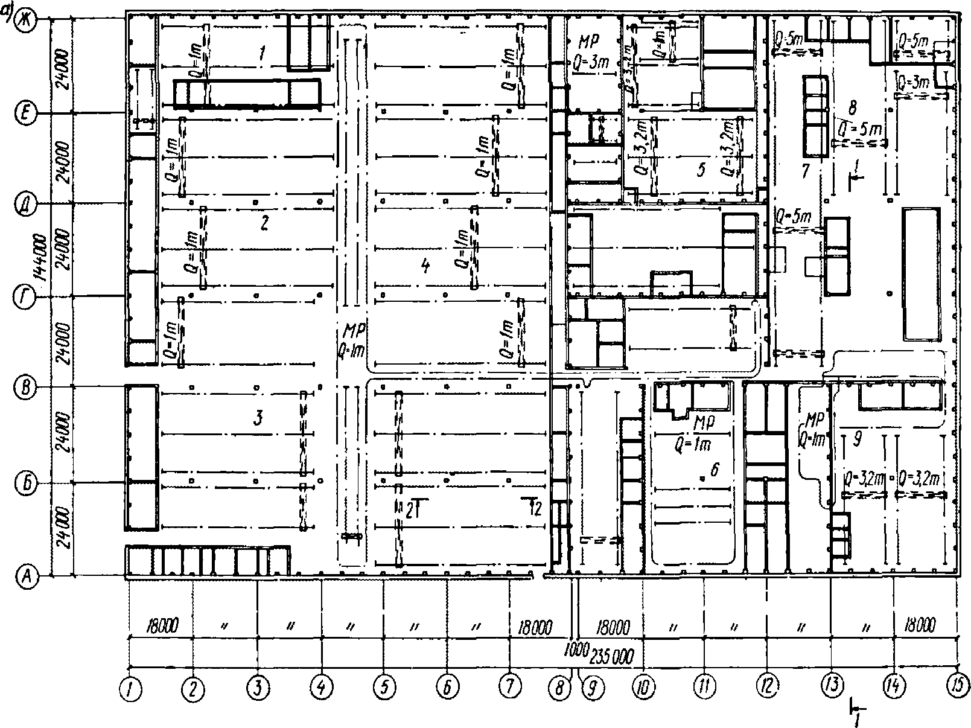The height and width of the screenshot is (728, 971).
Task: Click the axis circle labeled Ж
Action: (x=27, y=19)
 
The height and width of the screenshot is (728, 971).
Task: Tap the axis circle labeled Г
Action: (x=27, y=296)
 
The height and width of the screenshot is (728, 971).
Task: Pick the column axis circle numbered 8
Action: (x=561, y=686)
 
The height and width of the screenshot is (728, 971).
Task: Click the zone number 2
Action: (x=263, y=223)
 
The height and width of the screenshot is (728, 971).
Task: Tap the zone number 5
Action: (x=700, y=170)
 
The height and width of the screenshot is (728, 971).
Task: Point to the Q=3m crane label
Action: (x=912, y=81)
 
